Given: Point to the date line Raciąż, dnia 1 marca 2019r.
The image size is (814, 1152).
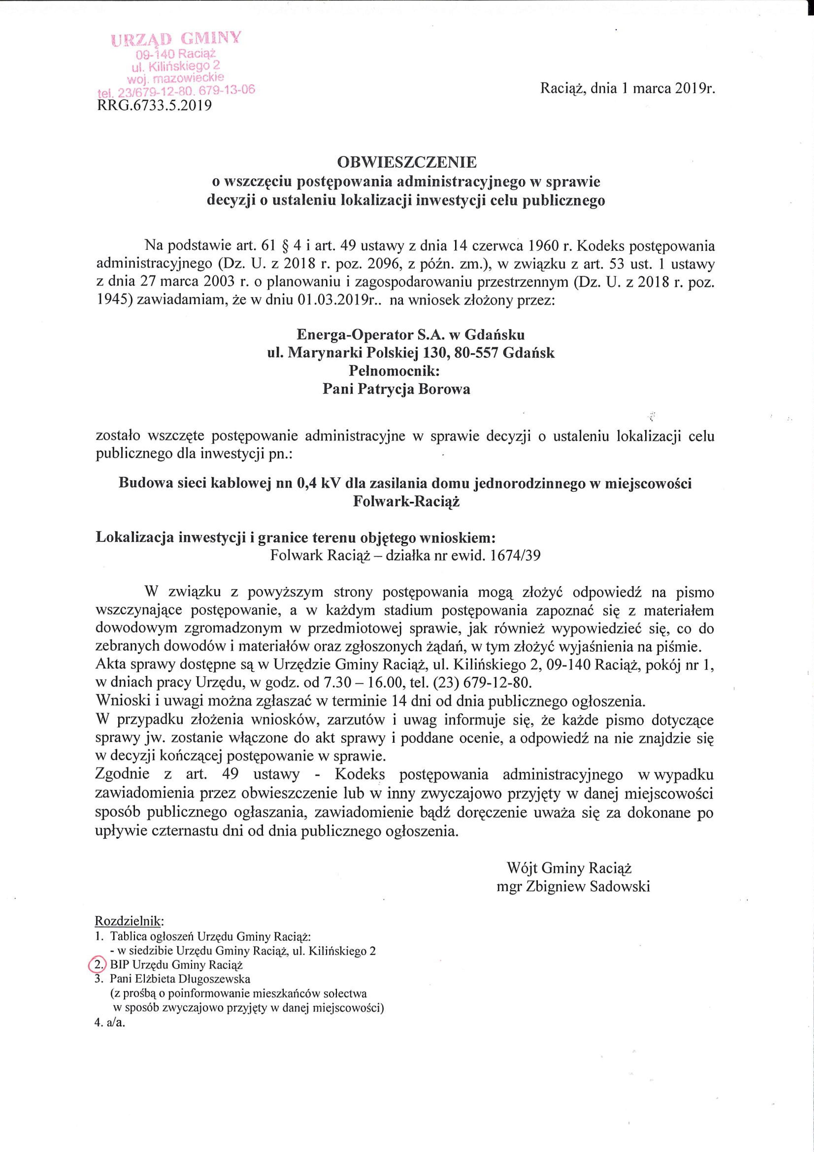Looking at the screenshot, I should click(627, 89).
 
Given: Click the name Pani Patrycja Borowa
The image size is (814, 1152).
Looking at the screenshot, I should click(396, 389).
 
